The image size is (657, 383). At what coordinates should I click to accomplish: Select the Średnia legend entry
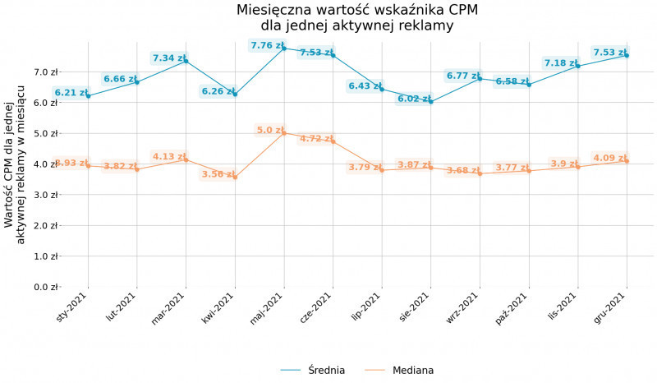[325, 371]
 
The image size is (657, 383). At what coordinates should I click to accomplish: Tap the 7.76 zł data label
[267, 46]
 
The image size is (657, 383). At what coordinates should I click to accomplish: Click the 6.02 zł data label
[414, 99]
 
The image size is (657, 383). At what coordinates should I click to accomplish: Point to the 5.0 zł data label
[270, 130]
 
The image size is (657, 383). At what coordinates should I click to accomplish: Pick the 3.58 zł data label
[218, 174]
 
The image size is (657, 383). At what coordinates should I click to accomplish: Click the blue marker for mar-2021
[186, 61]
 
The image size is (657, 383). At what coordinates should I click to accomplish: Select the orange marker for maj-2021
[284, 132]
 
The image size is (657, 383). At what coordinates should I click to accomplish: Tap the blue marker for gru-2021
[627, 55]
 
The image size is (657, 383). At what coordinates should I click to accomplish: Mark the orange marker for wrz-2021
[480, 173]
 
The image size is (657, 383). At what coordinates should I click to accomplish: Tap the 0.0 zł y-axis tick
[46, 287]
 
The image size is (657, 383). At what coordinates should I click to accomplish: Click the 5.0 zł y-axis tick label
[46, 133]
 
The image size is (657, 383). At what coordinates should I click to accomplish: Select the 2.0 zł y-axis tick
[46, 225]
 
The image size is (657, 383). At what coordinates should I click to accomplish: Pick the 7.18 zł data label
[561, 63]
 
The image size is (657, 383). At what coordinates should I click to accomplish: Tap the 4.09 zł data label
[609, 158]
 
